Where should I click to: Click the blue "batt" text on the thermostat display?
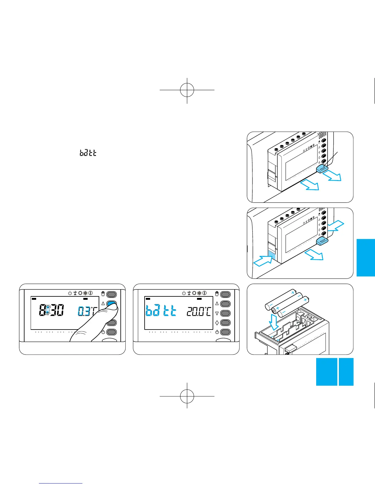[161, 311]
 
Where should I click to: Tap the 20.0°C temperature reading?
[199, 312]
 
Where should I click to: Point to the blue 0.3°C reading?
[87, 311]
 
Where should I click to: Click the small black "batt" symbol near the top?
[88, 152]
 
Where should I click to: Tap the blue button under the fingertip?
[112, 304]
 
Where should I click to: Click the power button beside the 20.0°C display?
[225, 332]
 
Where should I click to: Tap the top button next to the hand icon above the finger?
[112, 295]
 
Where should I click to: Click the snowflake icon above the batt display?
[199, 293]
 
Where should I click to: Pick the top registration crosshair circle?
[187, 90]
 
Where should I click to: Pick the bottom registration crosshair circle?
[187, 396]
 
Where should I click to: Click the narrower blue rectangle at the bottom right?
[346, 372]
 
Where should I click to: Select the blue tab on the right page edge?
[366, 257]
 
